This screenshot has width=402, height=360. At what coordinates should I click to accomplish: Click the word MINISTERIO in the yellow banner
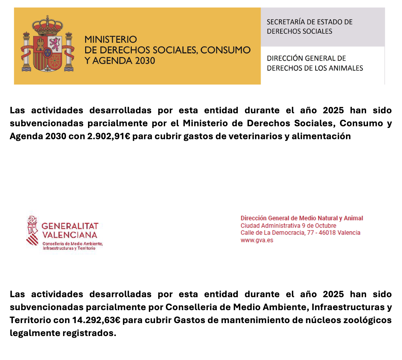(111, 39)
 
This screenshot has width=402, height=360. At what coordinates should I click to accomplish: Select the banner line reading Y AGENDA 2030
(120, 61)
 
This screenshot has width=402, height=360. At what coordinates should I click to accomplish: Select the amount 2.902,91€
(108, 136)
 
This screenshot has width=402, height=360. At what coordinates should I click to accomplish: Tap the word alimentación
(321, 136)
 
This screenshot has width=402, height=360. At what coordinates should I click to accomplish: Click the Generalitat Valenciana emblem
(32, 231)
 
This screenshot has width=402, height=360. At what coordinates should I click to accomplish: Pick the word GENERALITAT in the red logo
(70, 226)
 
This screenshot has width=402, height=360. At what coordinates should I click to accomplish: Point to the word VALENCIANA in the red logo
(70, 235)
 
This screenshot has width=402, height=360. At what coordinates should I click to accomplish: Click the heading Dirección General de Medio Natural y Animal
(302, 218)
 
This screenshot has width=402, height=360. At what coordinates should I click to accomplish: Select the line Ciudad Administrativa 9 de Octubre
(288, 226)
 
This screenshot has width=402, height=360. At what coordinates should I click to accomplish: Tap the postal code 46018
(327, 233)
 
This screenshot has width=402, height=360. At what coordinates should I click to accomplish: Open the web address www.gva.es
(257, 240)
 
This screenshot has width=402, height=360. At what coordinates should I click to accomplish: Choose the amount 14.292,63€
(96, 320)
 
